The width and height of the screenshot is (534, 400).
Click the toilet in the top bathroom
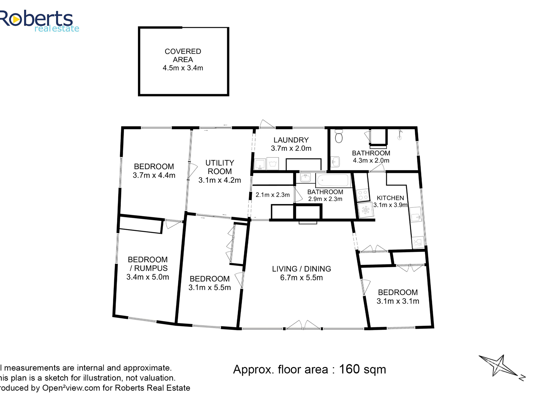point(339,136)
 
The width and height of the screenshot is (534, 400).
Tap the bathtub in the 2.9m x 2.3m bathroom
point(333,180)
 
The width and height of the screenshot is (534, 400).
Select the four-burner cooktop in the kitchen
point(363,195)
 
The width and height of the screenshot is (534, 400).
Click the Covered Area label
point(183,55)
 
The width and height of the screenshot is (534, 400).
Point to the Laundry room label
point(291,140)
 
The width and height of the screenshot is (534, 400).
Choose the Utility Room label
point(220,167)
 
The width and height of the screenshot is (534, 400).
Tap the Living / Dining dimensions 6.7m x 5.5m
point(301,278)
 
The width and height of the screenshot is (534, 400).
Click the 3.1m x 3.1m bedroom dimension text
point(398,301)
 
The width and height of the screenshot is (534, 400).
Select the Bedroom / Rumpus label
point(148,264)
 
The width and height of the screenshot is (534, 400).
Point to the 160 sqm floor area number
point(363,369)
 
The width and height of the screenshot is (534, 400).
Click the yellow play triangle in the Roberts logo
point(16,19)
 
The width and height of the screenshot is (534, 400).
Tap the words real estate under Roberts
point(57,29)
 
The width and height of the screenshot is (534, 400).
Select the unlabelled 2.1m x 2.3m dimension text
point(273,195)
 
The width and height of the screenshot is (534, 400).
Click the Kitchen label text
point(390,198)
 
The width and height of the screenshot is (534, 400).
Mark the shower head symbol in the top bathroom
point(400,134)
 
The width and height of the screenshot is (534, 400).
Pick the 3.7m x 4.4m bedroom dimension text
point(154,175)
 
